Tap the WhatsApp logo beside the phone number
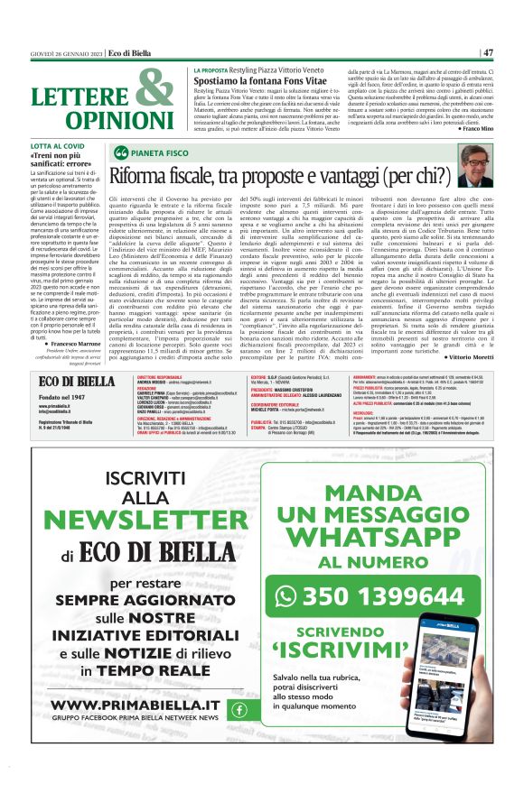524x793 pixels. [x=286, y=596]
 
